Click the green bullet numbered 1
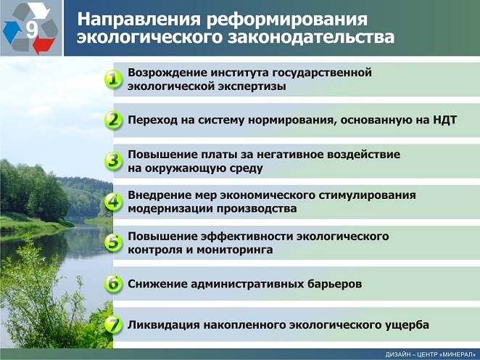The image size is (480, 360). point(112,79)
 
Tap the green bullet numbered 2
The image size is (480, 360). point(112,120)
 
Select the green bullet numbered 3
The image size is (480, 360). point(112,160)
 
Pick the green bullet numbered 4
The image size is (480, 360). point(112,201)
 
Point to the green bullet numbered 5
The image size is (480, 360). point(112,242)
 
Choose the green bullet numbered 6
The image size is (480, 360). point(112,284)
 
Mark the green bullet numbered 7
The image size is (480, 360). point(112,324)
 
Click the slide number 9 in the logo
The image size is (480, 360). point(31,30)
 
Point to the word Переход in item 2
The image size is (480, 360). point(152,120)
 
